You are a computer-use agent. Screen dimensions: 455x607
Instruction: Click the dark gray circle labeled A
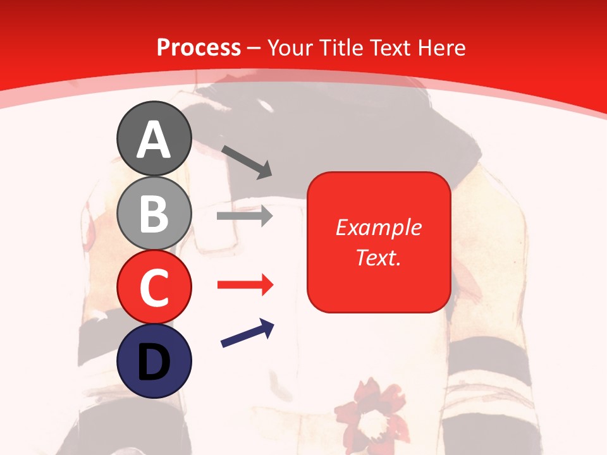click(x=154, y=138)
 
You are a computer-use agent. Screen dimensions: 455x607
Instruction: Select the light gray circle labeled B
click(x=154, y=213)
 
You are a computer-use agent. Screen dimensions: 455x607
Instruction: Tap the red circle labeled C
click(x=154, y=287)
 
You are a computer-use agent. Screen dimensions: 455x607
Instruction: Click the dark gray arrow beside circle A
click(x=247, y=162)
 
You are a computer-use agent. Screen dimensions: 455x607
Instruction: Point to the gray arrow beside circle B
click(x=245, y=216)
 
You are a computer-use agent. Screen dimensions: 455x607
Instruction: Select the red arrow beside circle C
click(x=245, y=285)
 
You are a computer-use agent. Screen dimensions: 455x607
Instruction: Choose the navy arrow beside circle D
click(x=247, y=333)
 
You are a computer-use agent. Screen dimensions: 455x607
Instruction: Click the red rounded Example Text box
click(x=379, y=242)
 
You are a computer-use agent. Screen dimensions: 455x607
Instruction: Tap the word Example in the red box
click(x=379, y=227)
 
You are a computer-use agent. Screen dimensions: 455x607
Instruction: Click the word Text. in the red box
click(x=379, y=257)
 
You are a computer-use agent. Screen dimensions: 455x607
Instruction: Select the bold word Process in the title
click(x=199, y=47)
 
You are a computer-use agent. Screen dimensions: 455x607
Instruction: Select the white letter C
click(x=154, y=288)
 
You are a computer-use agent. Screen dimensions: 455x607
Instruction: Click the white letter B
click(x=154, y=214)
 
